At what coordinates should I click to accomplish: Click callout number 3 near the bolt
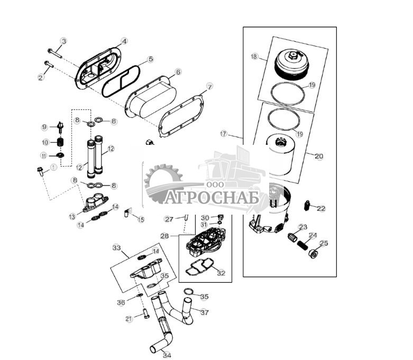coord(63,41)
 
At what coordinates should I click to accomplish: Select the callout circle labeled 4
coord(124,41)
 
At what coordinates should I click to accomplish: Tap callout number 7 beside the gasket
coord(209,86)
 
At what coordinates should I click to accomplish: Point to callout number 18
coord(254,56)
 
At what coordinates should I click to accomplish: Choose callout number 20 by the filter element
coord(318,156)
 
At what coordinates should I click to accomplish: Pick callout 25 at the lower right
coord(324,244)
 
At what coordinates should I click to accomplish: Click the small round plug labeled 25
coord(313,254)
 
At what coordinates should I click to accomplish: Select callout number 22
coord(321,208)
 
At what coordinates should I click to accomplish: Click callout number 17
coord(224,134)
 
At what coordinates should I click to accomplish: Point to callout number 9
coord(45,127)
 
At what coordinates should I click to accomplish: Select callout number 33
coord(117,247)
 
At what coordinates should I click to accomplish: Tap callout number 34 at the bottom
coord(167,355)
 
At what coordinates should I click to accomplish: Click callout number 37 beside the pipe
coord(205,312)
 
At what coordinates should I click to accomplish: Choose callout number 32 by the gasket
coord(221,273)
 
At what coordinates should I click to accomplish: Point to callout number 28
coord(164,236)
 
